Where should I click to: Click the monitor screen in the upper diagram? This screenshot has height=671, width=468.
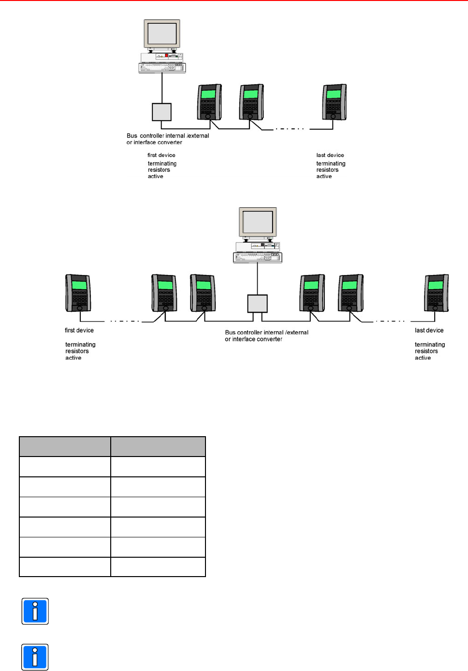162,33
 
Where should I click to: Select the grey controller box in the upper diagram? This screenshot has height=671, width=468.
161,112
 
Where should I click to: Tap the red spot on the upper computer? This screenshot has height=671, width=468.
167,56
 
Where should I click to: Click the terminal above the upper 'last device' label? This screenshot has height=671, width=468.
335,102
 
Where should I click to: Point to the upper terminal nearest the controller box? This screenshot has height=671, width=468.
209,102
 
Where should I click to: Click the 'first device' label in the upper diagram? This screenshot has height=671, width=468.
161,155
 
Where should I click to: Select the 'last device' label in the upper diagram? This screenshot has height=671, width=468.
330,155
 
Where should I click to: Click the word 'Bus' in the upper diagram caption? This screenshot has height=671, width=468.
132,136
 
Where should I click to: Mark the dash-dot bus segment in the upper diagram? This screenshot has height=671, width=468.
289,129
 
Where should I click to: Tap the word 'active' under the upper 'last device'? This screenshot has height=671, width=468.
324,177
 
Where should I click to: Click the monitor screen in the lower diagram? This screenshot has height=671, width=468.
258,222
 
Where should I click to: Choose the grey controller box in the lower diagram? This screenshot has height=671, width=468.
257,304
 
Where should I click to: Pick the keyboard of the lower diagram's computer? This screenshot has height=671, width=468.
257,258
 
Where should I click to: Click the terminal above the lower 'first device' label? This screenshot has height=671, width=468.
78,293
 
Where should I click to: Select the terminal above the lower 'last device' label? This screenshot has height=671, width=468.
436,293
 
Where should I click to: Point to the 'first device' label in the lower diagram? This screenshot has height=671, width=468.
79,331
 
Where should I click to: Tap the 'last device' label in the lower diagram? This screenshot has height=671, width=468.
429,331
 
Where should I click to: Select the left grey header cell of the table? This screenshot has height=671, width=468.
65,446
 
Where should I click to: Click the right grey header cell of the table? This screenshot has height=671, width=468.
158,446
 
